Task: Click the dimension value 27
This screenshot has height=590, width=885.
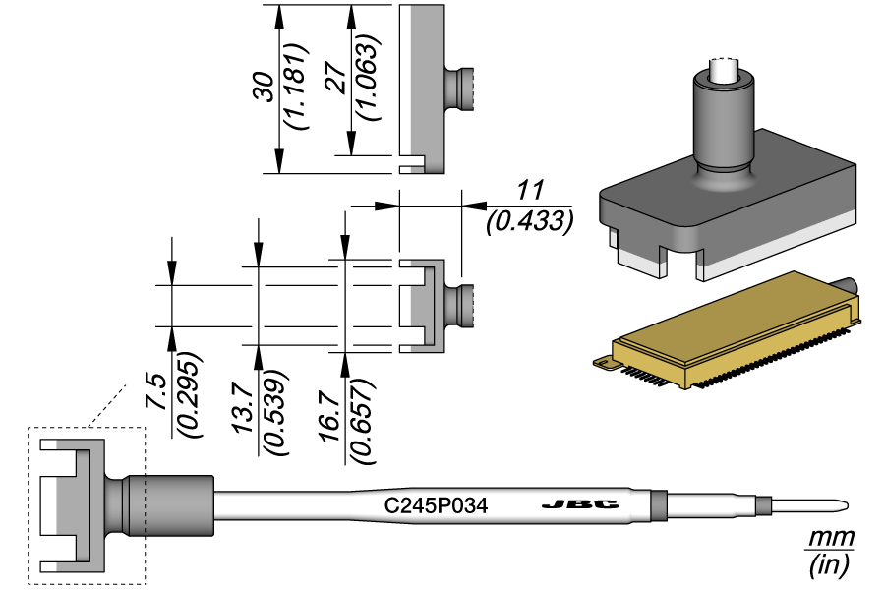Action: tap(336, 80)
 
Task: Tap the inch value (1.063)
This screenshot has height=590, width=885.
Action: tap(366, 79)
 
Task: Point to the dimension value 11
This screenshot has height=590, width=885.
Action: tap(530, 192)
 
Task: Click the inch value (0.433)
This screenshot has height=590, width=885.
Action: tap(530, 221)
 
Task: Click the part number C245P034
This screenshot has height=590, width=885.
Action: tap(436, 506)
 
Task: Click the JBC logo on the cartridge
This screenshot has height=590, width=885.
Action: tap(580, 505)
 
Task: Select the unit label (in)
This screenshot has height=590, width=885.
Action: tap(829, 566)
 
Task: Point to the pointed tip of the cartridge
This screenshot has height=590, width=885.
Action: tap(842, 506)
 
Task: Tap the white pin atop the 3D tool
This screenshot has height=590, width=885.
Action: tap(725, 71)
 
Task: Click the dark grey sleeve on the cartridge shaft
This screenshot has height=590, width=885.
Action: tap(171, 505)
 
